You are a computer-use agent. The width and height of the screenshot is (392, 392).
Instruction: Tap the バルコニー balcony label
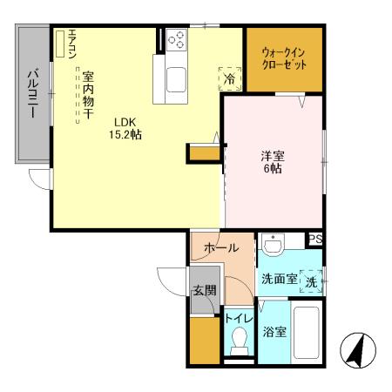[30, 94]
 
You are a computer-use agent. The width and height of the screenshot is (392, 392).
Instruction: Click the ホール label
[220, 248]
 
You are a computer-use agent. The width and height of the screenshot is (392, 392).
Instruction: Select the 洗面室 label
[279, 280]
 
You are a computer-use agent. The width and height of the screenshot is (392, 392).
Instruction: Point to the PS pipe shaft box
[314, 240]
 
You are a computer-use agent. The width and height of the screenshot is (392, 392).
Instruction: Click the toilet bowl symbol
[237, 345]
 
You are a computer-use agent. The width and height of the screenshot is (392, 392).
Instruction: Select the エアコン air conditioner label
[72, 43]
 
